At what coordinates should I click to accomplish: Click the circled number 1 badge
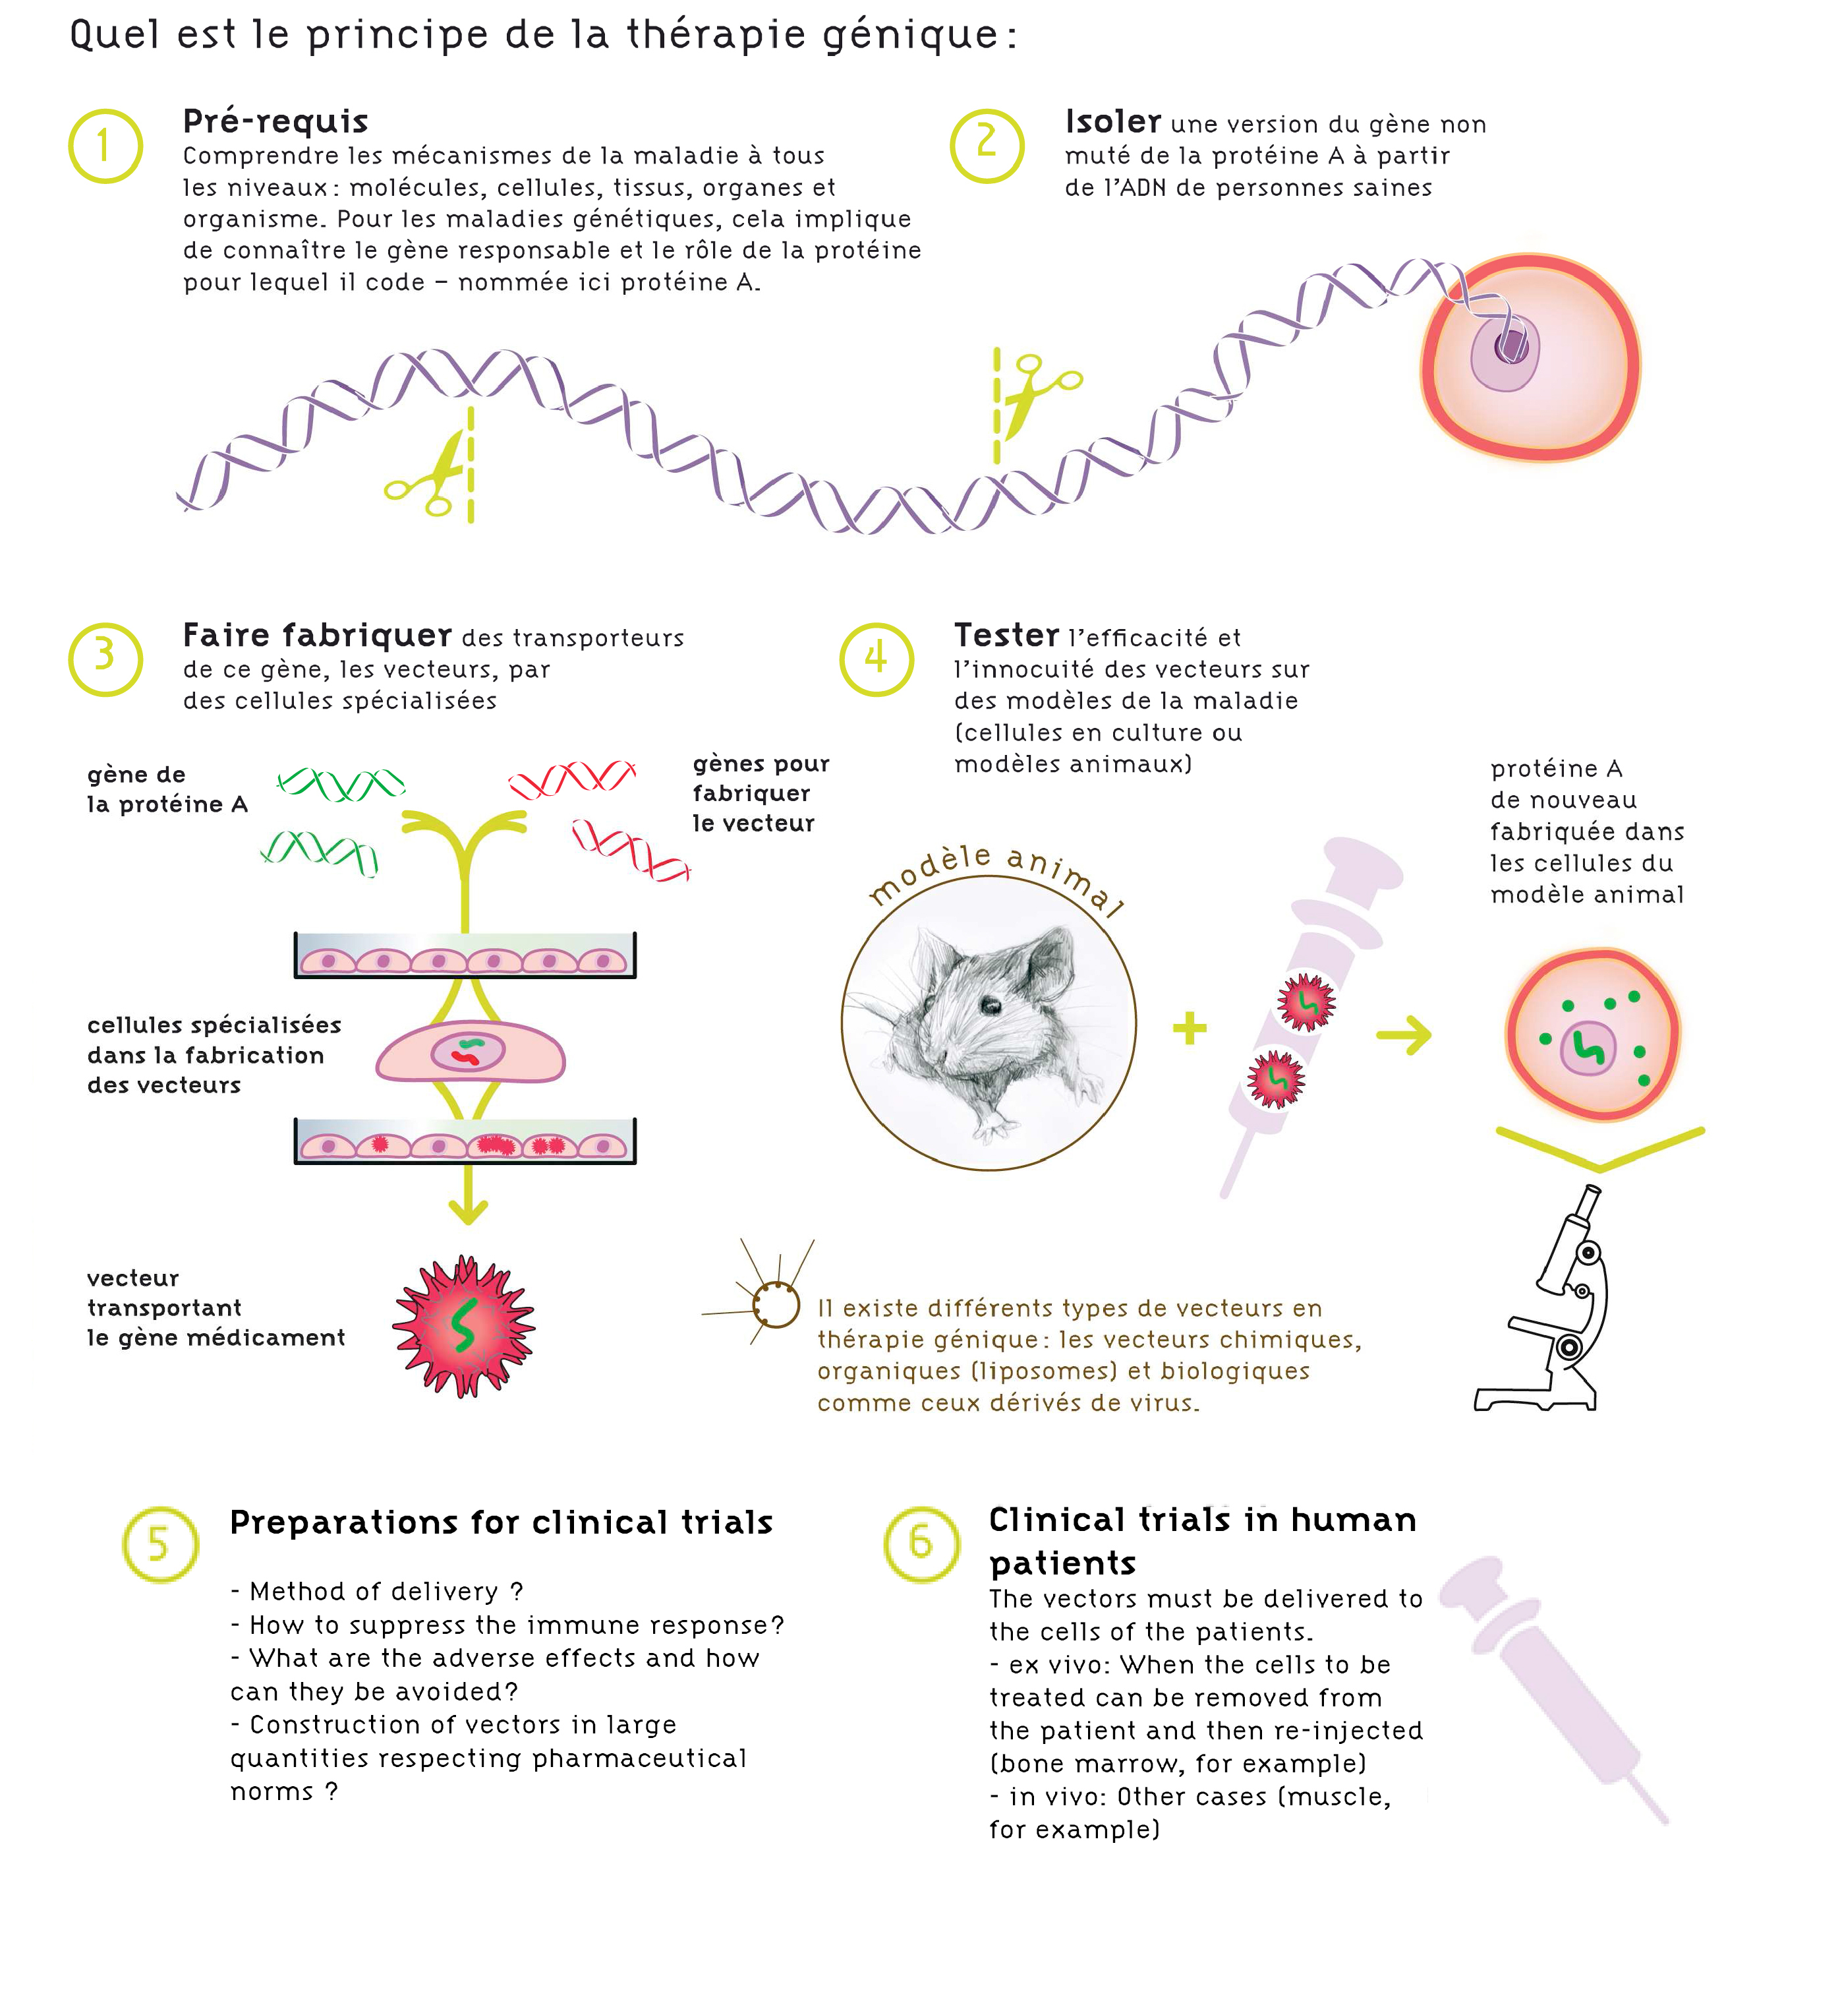(105, 146)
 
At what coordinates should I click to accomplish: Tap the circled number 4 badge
(877, 659)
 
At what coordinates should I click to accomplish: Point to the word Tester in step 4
(1006, 636)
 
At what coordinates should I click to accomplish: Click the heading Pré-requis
(275, 121)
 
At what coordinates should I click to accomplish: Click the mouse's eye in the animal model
(991, 1005)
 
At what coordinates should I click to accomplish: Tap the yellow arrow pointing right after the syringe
(1404, 1035)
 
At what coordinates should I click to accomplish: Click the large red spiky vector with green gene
(464, 1326)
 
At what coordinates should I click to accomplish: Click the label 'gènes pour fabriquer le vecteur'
(761, 793)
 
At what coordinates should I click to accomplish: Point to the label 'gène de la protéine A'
(167, 789)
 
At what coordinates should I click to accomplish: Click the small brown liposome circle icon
(776, 1303)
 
